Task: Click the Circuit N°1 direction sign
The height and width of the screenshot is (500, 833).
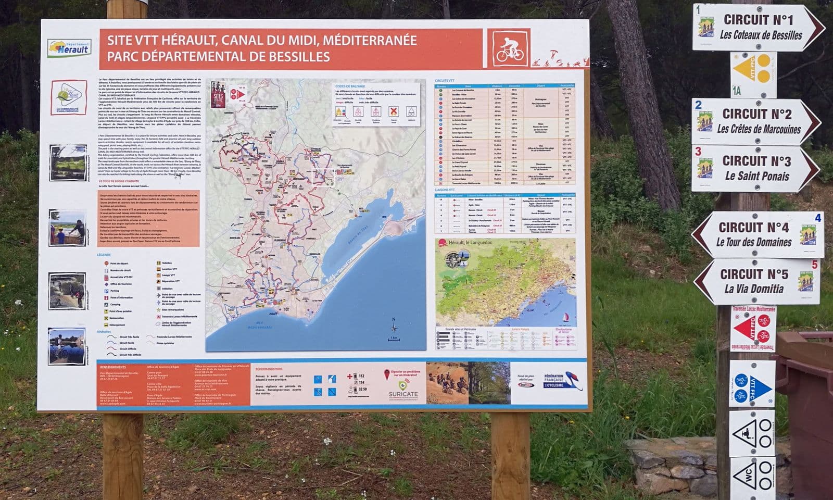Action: [x=758, y=28]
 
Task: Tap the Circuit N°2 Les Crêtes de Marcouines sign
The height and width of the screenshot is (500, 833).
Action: [x=756, y=121]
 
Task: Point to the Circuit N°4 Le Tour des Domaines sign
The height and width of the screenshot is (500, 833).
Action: [x=758, y=234]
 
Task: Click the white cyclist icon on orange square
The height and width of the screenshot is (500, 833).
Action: [x=509, y=48]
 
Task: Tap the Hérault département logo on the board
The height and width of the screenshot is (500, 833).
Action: [x=69, y=48]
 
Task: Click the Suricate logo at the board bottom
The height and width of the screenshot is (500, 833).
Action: [x=402, y=385]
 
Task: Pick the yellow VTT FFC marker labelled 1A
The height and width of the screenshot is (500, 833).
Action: [x=753, y=70]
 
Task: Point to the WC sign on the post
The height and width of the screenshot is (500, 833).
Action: [x=752, y=477]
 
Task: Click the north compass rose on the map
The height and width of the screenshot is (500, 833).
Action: [x=394, y=328]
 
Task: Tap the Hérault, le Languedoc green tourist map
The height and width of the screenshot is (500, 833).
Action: [x=506, y=282]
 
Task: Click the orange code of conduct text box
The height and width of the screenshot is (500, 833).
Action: [x=148, y=218]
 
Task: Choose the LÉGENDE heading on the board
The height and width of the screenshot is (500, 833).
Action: [x=104, y=255]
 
